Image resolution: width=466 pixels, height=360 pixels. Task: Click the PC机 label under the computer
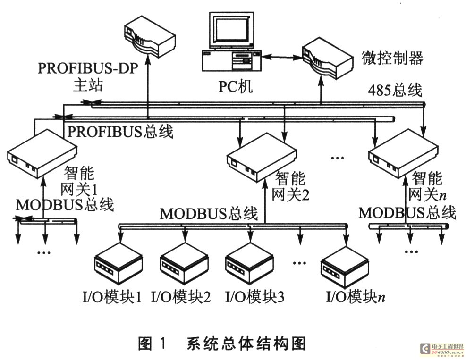(235, 87)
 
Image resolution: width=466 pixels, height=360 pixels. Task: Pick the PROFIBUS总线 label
(120, 131)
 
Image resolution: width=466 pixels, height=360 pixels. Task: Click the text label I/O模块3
(254, 297)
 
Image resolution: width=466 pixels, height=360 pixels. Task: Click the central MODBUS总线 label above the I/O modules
(209, 213)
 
